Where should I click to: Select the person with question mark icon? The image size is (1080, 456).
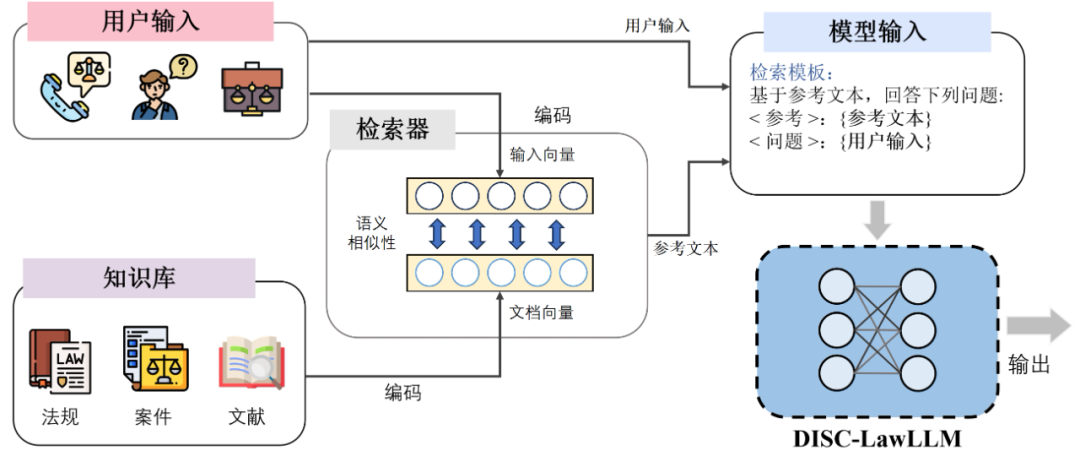click(160, 88)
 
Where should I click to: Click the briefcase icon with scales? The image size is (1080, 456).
click(251, 91)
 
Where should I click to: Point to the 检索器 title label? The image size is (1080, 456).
click(392, 129)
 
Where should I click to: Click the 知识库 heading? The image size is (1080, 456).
click(139, 277)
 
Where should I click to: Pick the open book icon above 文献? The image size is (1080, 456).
click(250, 361)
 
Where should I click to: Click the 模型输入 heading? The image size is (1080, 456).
click(877, 31)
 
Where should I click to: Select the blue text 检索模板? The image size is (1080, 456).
click(790, 74)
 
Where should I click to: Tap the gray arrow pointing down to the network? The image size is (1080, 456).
click(876, 218)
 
